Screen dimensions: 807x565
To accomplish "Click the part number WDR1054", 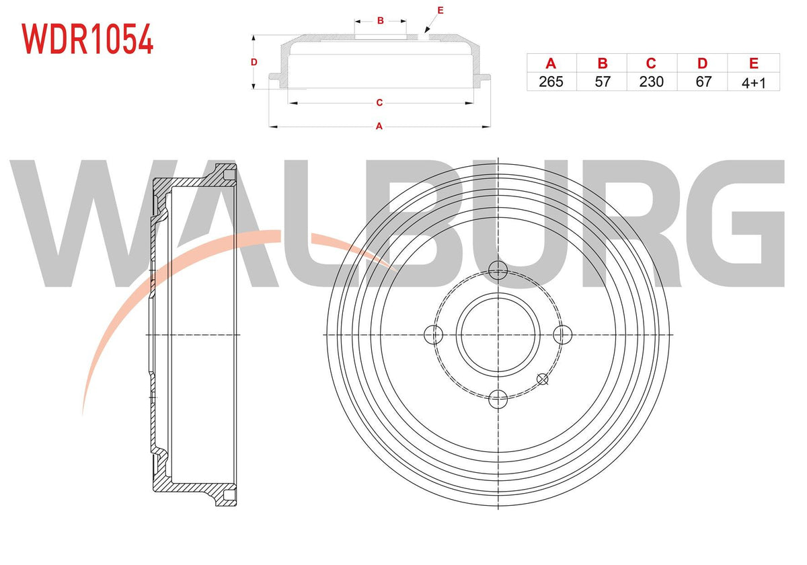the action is tap(87, 39).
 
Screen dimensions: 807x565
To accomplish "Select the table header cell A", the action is tap(551, 63).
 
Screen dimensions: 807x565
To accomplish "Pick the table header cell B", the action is tap(603, 63).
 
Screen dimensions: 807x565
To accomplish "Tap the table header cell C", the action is tap(652, 63).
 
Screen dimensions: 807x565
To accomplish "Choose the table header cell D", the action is tap(703, 63).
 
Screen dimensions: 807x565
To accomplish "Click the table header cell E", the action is tap(754, 63).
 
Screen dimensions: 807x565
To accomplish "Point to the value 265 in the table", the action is tap(551, 82).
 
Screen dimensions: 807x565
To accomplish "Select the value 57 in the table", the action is tap(603, 82).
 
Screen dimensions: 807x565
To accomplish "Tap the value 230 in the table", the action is tap(652, 82).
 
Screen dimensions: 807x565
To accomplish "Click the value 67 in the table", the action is tap(703, 82).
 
